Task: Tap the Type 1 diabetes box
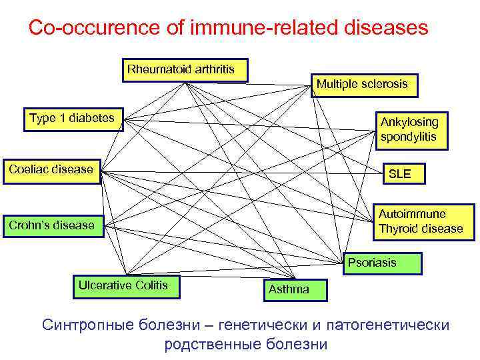point(72,119)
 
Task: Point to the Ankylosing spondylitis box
point(410,129)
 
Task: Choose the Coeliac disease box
point(52,169)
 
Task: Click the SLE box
point(400,174)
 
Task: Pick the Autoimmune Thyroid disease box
point(421,222)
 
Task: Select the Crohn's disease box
point(52,225)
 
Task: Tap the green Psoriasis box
point(383,263)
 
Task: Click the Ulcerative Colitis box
point(123,286)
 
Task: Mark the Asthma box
point(289,289)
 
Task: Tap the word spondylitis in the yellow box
point(409,137)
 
